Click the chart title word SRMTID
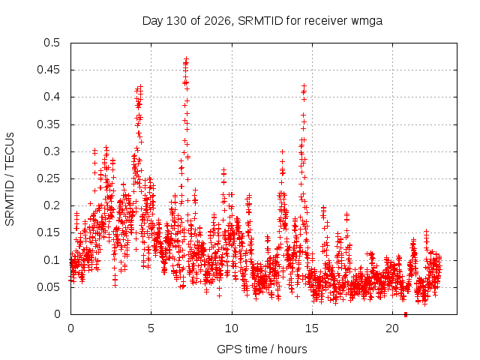coord(260,21)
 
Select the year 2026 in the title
coord(217,21)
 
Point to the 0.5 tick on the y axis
coord(52,43)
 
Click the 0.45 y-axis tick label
coord(48,70)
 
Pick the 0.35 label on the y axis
coord(48,124)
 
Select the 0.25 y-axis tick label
coord(48,178)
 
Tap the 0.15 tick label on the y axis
coord(48,232)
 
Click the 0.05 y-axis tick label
coord(48,287)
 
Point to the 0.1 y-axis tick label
coord(52,260)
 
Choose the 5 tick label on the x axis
coord(151,328)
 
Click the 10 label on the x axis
coord(232,328)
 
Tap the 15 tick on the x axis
coord(312,328)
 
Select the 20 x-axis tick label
coord(392,328)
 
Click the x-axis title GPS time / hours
coord(262,349)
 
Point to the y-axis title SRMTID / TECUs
coord(10,179)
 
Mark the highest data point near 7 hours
coord(186,58)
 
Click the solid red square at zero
coord(406,314)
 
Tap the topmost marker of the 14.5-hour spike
coord(304,85)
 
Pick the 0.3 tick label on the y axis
coord(52,151)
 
